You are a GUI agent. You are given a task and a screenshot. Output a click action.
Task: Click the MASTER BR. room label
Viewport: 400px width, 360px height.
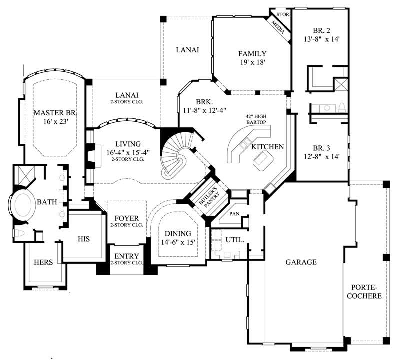pyautogui.click(x=54, y=113)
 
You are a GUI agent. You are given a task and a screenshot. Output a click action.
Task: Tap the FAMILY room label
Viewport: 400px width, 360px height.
pyautogui.click(x=252, y=54)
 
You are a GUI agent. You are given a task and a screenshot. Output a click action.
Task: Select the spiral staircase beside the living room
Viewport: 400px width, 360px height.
pyautogui.click(x=177, y=155)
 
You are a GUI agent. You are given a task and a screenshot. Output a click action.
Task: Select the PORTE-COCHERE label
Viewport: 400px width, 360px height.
pyautogui.click(x=366, y=291)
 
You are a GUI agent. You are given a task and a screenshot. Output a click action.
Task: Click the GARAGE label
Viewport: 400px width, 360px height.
pyautogui.click(x=301, y=262)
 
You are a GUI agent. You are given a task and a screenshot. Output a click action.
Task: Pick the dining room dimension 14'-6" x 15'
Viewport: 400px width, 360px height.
pyautogui.click(x=178, y=242)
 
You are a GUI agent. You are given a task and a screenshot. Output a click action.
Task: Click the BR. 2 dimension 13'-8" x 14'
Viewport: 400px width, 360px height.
pyautogui.click(x=322, y=39)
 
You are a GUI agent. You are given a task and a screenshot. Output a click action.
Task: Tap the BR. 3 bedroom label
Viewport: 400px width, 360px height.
pyautogui.click(x=322, y=148)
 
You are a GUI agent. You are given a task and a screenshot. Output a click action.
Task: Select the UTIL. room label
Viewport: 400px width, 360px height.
pyautogui.click(x=234, y=240)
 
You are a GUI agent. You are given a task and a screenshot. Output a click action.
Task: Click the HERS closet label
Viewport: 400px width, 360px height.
pyautogui.click(x=44, y=262)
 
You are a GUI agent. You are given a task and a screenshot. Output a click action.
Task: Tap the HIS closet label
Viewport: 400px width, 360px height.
pyautogui.click(x=83, y=239)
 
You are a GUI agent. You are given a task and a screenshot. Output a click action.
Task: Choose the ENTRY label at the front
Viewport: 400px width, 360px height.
pyautogui.click(x=126, y=256)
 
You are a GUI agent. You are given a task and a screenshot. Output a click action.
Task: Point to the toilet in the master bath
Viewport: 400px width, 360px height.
pyautogui.click(x=20, y=234)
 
